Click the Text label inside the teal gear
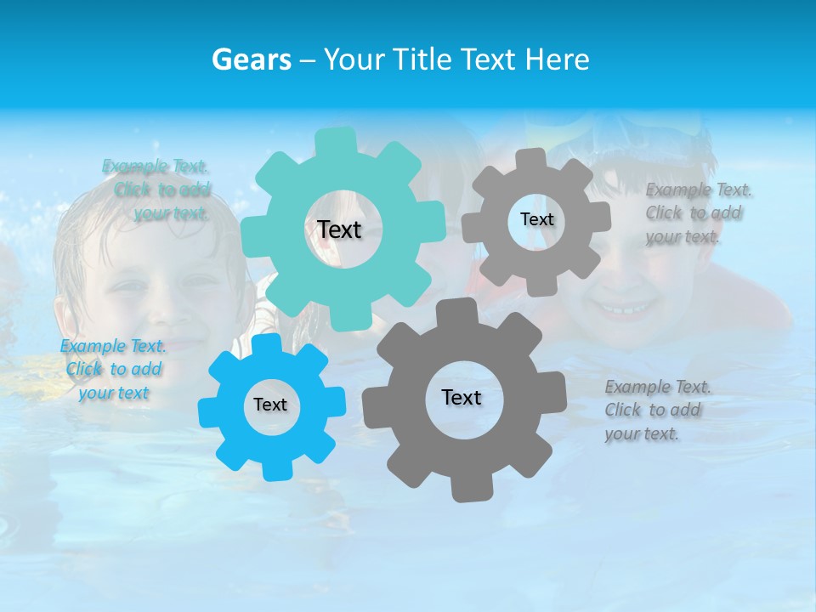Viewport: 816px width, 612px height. [339, 229]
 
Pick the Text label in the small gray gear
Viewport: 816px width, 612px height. [536, 219]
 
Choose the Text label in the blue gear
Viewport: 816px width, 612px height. [270, 405]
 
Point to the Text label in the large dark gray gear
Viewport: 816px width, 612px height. [462, 398]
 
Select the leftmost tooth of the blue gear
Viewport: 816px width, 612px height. [209, 411]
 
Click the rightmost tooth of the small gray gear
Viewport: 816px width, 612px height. [600, 217]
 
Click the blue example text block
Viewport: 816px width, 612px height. [112, 369]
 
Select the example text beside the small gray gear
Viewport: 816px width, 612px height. [695, 212]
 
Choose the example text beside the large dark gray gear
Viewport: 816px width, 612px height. [655, 410]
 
